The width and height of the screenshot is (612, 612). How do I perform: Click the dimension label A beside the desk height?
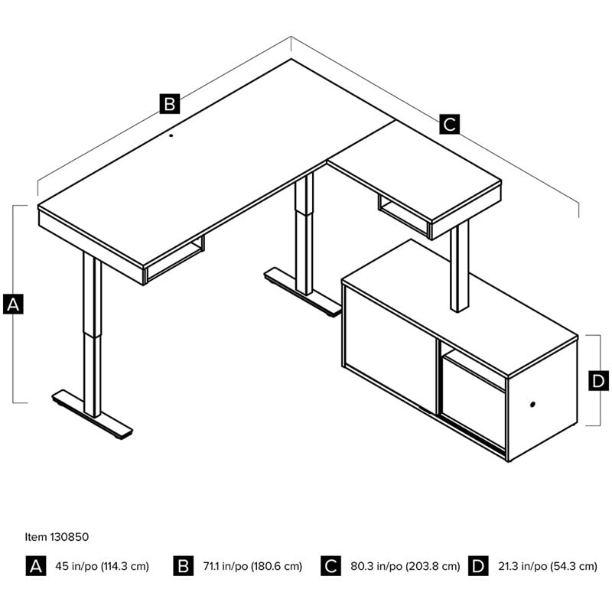[x=13, y=304]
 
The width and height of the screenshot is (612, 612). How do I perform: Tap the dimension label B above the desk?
[x=170, y=104]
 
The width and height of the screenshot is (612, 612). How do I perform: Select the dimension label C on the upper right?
[x=449, y=124]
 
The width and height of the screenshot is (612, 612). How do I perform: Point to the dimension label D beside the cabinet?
[x=598, y=380]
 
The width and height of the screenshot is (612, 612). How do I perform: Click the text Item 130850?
[x=57, y=537]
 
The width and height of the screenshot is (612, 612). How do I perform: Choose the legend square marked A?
[x=36, y=565]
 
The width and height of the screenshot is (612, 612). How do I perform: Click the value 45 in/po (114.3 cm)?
[x=103, y=566]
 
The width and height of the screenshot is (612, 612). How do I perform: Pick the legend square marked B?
[x=184, y=565]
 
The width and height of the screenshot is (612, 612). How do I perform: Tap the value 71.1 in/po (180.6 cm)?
[x=252, y=566]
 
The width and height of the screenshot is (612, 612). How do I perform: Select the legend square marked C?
[x=331, y=565]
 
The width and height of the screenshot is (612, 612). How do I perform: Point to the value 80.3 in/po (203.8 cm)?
[x=405, y=566]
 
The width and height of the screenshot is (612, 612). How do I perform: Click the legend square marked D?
[x=478, y=565]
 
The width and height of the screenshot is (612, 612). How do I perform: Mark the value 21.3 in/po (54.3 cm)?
[x=548, y=566]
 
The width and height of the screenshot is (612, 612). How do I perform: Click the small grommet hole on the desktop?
[x=171, y=136]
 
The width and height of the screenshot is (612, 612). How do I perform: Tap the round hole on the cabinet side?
[x=532, y=405]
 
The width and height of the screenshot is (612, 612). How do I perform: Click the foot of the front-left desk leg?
[x=92, y=415]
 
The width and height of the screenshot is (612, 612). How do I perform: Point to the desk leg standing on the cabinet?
[x=460, y=266]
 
